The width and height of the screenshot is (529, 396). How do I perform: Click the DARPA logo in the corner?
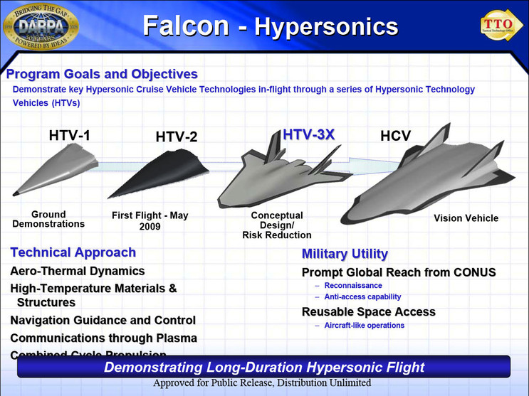41,27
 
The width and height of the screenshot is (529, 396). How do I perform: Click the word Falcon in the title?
186,26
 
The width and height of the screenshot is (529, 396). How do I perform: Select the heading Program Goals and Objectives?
102,74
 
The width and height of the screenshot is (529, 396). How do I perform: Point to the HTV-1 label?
69,135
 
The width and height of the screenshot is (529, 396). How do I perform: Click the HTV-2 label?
177,137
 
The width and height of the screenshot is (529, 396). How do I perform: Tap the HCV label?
395,136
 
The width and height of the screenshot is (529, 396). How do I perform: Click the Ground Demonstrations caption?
48,219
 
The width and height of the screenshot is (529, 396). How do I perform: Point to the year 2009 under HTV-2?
150,227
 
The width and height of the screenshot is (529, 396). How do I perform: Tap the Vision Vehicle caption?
466,218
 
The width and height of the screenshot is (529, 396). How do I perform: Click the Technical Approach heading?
73,252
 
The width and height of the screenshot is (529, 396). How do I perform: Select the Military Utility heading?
345,254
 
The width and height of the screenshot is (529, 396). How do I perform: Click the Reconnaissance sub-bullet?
353,285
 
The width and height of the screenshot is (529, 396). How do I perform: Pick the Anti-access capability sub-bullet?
362,296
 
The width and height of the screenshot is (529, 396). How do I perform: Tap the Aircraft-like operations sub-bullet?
364,326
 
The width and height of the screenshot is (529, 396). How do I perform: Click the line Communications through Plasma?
103,338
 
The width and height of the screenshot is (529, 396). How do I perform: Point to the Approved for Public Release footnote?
262,383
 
